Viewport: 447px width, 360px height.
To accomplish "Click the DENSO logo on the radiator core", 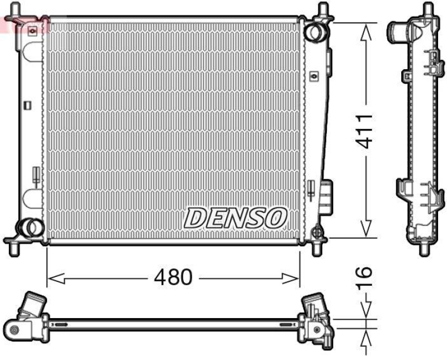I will pos(235,217).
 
